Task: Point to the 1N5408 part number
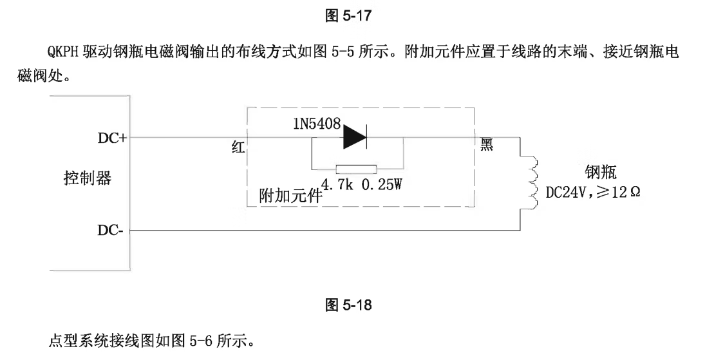pos(316,124)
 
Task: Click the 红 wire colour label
pos(238,147)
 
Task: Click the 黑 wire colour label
pos(487,145)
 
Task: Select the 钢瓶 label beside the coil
pos(600,172)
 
